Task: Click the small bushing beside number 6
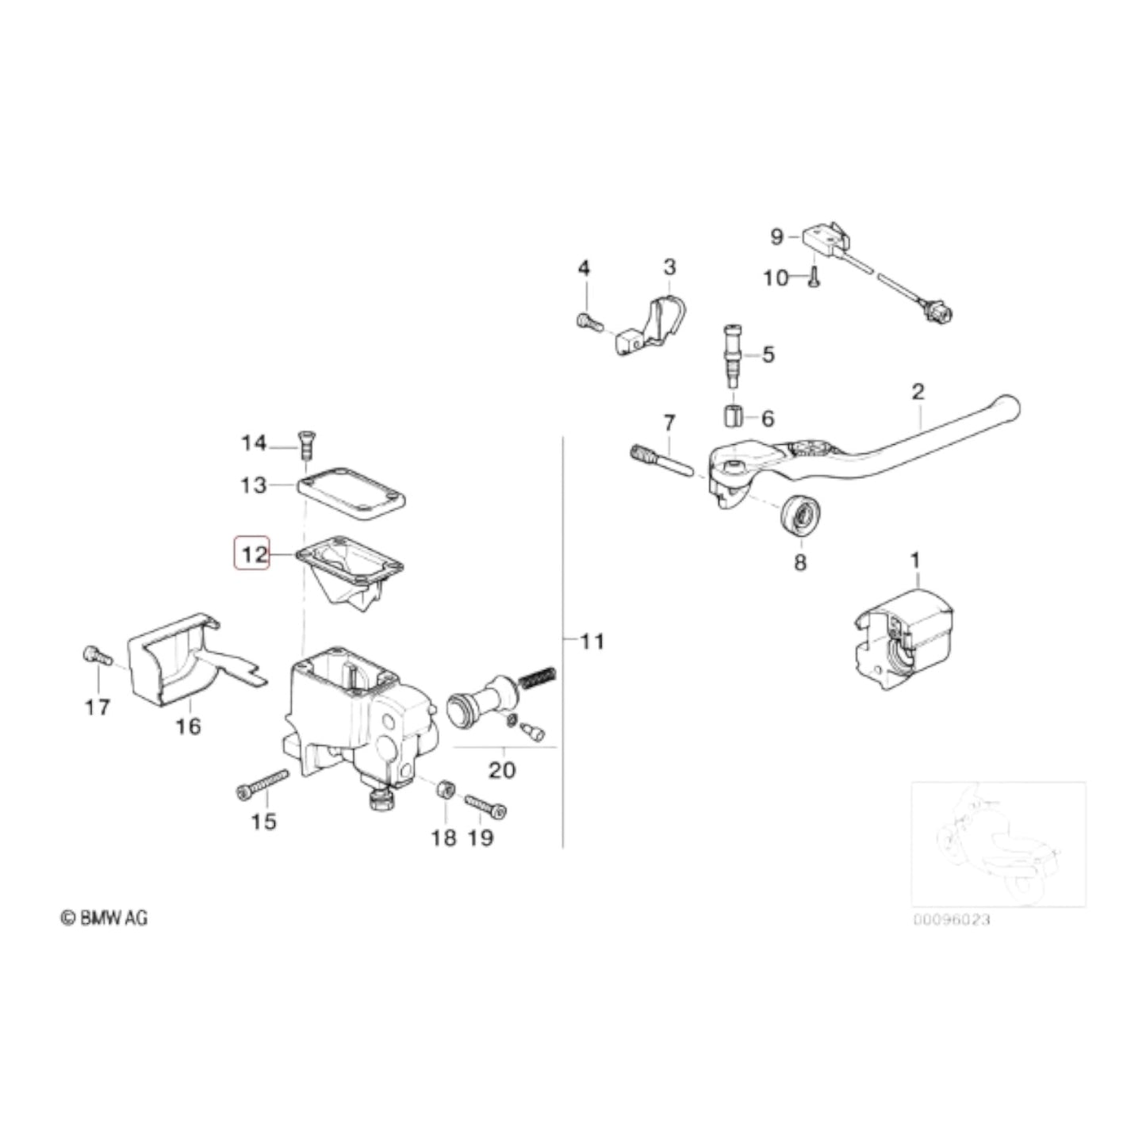[734, 416]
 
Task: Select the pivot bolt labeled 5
[731, 354]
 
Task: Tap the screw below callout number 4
[587, 322]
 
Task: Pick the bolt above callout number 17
[93, 655]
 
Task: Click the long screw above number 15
[262, 785]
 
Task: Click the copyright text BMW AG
[105, 918]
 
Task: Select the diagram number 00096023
[951, 920]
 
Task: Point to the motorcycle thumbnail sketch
[998, 844]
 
